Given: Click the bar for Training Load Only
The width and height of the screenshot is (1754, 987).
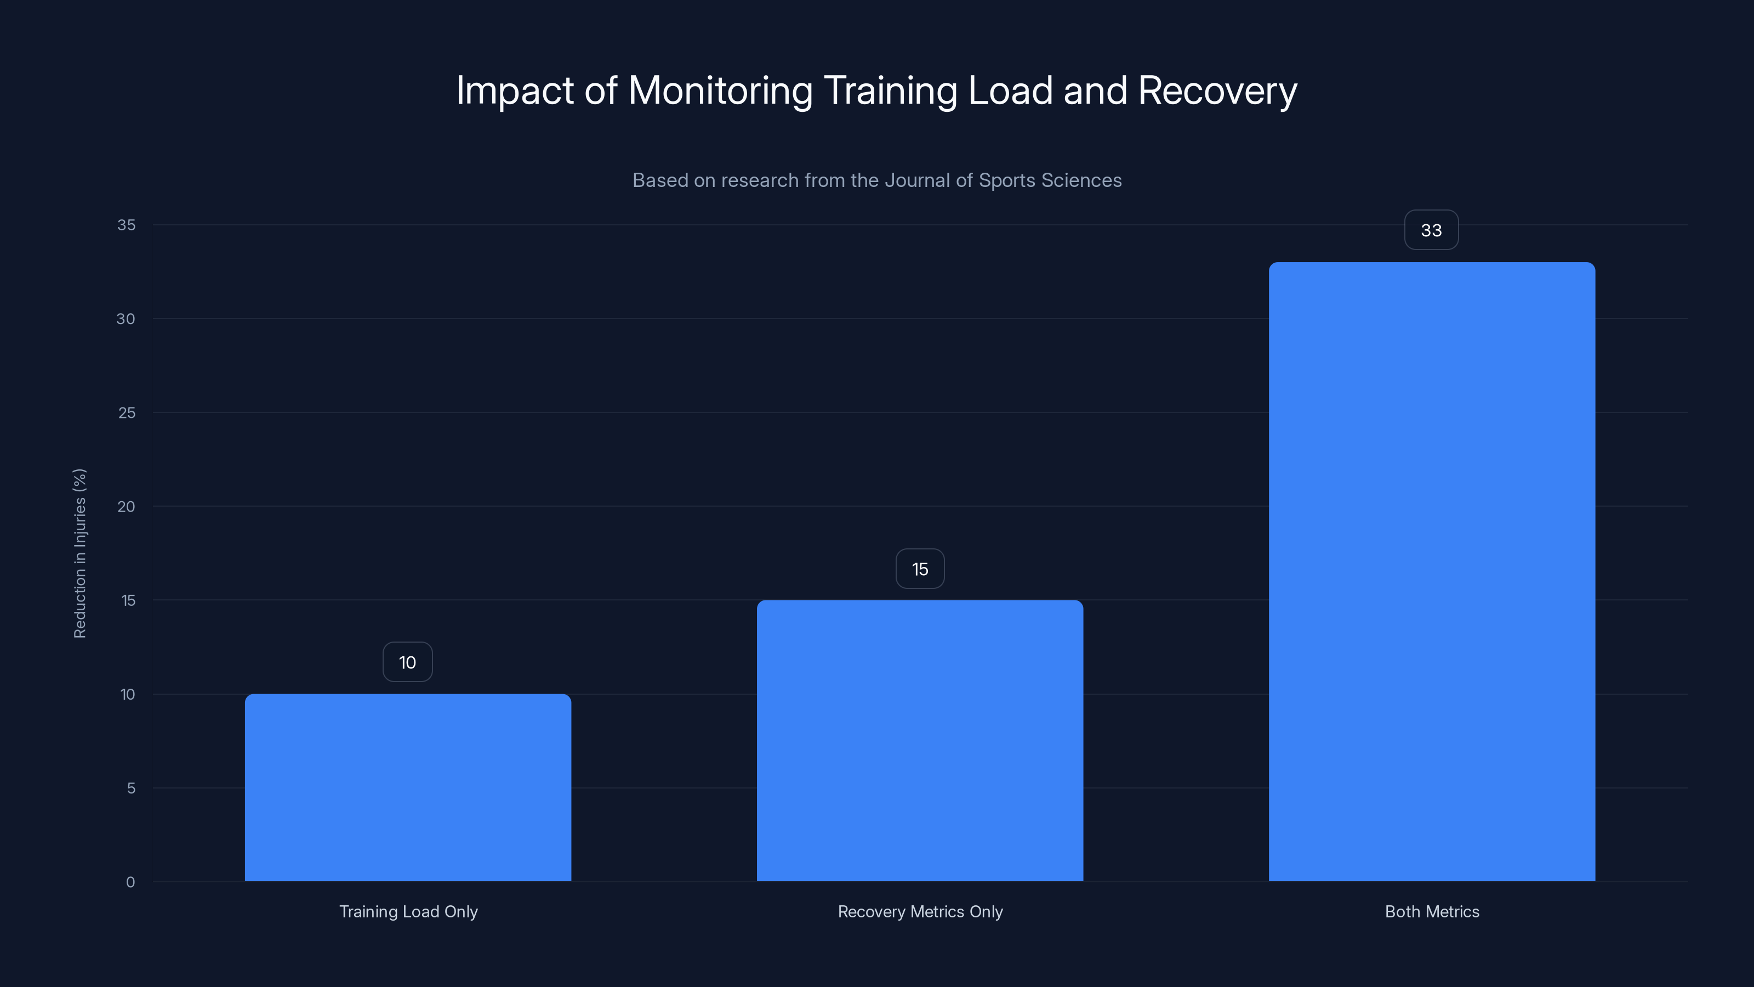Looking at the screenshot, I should (x=408, y=787).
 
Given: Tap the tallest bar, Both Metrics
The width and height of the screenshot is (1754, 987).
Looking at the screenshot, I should (x=1431, y=571).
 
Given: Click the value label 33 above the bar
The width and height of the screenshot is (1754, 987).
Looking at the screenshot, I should (x=1431, y=230).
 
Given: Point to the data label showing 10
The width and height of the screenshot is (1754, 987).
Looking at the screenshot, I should (x=407, y=662).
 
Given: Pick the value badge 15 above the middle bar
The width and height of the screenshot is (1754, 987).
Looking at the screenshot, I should (x=920, y=569).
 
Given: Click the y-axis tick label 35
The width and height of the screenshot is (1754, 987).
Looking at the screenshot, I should (x=126, y=225).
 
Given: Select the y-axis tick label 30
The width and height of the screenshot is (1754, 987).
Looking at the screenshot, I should (x=126, y=319).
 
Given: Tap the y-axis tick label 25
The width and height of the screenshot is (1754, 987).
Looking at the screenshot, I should (x=127, y=413).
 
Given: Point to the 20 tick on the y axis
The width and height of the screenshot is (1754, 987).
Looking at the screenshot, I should (x=126, y=506).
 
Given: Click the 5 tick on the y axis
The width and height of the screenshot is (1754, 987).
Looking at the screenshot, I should (x=131, y=788).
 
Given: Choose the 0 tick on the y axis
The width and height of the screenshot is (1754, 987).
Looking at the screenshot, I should (x=131, y=882).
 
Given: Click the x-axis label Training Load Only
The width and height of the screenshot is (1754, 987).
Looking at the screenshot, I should (x=408, y=911).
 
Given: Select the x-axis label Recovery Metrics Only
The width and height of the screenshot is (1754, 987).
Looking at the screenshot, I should (x=920, y=911).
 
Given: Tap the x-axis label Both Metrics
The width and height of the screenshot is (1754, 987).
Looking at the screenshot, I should (x=1432, y=911).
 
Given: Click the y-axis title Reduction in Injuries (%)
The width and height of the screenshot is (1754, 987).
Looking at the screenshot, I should (x=79, y=553).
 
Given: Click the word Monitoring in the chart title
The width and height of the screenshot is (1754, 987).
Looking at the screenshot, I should (x=720, y=90).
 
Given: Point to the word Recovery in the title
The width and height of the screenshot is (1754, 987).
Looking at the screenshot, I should (x=1217, y=90).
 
